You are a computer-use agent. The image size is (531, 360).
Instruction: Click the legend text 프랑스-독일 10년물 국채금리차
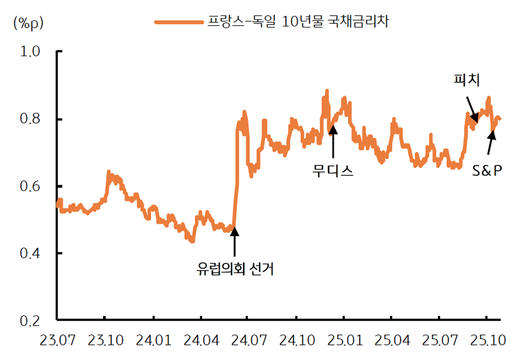coord(298,22)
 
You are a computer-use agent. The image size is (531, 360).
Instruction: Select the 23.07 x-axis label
coord(58,341)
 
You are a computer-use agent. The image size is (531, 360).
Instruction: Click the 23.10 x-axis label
coord(106,341)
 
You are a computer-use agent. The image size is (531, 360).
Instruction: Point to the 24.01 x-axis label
coord(154,341)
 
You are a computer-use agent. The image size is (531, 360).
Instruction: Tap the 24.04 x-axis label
coord(200,341)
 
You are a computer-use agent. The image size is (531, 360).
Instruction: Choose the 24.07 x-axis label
coord(248,341)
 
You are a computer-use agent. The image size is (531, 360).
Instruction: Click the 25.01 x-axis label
coord(344,341)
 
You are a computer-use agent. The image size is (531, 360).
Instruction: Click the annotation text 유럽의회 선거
coord(235,269)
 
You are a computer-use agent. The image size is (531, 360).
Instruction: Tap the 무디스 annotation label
coord(333,170)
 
